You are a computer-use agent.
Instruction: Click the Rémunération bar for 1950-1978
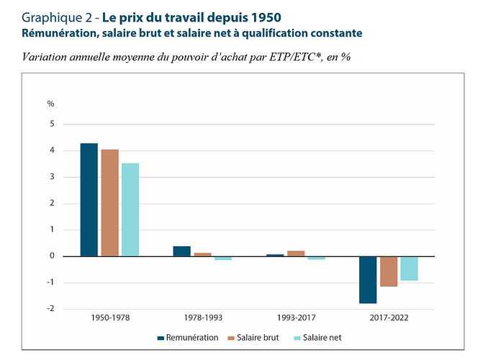point(89,199)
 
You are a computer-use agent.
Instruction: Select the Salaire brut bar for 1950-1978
point(109,202)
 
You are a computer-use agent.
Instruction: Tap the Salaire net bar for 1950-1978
point(130,210)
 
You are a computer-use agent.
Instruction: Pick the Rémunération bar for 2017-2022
point(368,280)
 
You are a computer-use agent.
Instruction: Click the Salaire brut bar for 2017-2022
point(389,271)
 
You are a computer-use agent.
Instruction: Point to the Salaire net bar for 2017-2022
point(409,269)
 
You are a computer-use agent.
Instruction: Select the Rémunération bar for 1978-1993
point(181,251)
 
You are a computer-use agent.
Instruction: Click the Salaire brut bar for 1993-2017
point(296,253)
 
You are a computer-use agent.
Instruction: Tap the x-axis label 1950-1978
point(110,318)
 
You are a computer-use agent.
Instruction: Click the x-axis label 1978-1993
point(203,318)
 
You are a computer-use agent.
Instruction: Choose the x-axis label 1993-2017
point(296,318)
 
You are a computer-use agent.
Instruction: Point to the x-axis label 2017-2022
point(389,318)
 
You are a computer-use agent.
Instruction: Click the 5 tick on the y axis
point(52,125)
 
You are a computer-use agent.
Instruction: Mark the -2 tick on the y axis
point(50,309)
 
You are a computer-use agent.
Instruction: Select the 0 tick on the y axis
point(52,256)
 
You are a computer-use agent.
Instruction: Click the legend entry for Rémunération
point(186,337)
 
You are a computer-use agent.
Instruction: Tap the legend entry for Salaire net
point(317,337)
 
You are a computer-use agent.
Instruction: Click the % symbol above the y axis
point(51,104)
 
